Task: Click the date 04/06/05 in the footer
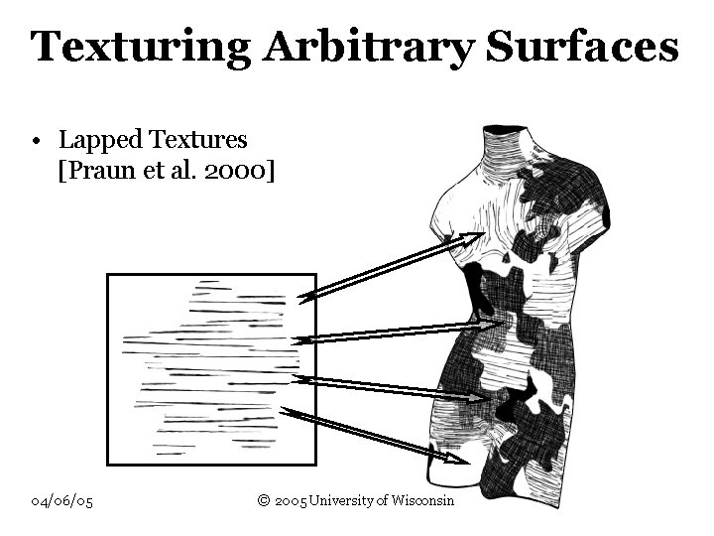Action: click(x=61, y=500)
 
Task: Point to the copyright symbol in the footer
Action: click(x=264, y=500)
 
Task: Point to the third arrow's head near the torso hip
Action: click(x=477, y=395)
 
